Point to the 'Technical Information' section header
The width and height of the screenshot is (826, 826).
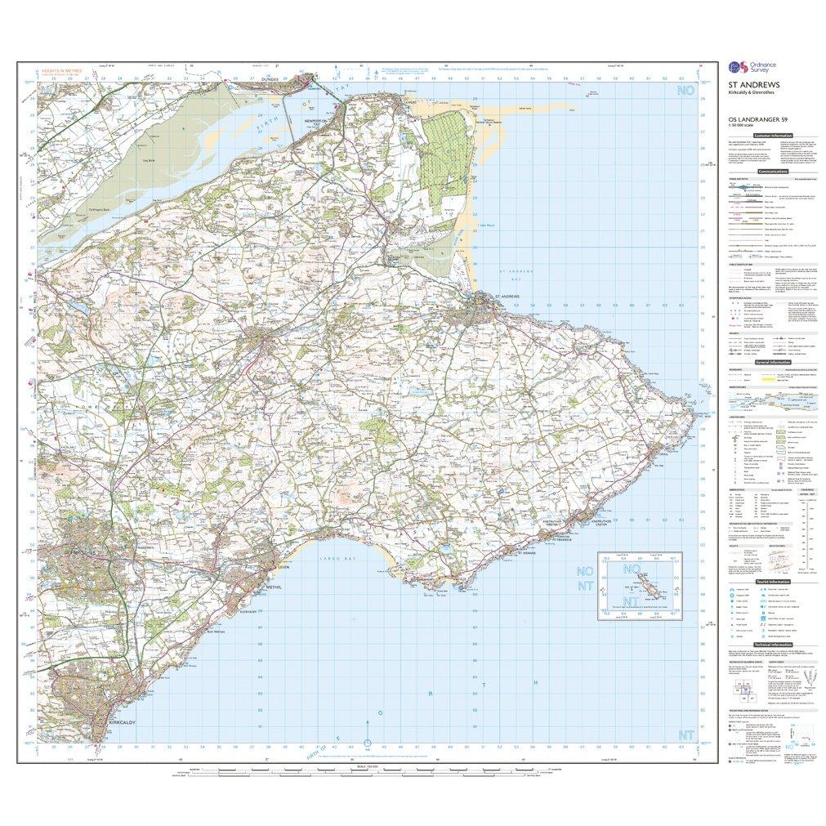tap(773, 645)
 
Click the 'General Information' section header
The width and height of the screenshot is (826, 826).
tap(774, 362)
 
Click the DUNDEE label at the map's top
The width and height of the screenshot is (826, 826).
tap(270, 79)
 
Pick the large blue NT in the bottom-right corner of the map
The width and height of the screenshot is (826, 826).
tap(684, 735)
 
